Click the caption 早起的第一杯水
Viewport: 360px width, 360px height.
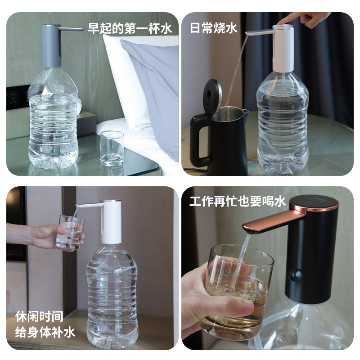coord(130,29)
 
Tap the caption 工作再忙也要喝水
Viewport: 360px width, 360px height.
coord(238,202)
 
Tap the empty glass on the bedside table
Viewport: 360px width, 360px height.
coord(112,148)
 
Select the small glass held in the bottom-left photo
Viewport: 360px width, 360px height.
coord(70,232)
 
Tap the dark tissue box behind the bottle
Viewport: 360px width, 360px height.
coord(87,124)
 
